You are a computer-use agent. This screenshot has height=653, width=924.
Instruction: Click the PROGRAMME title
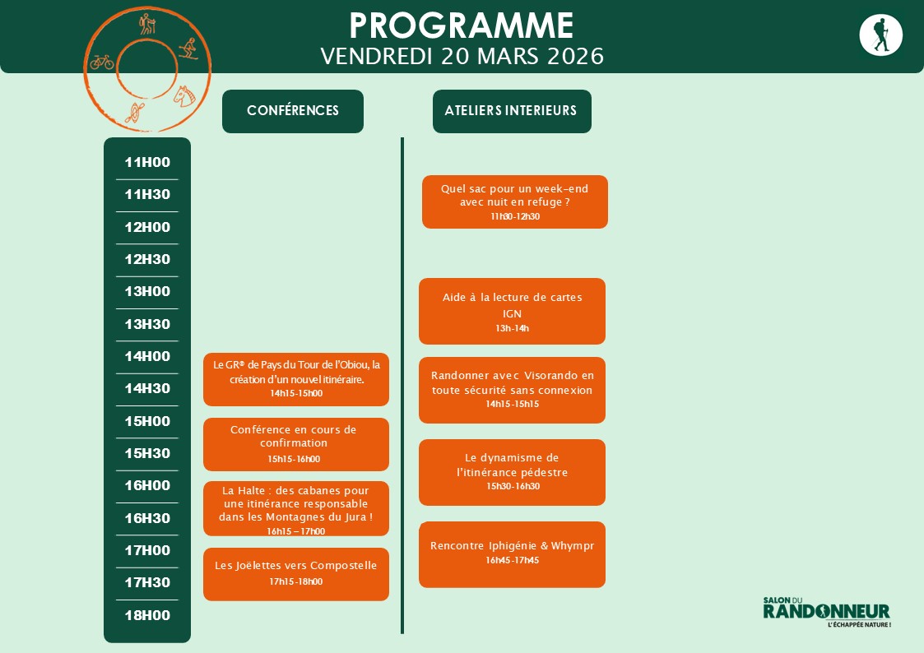[462, 25]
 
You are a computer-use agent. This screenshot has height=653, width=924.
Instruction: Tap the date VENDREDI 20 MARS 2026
[462, 56]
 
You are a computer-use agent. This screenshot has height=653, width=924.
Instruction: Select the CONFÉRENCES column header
[293, 111]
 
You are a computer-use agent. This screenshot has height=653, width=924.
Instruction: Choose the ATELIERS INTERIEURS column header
[511, 111]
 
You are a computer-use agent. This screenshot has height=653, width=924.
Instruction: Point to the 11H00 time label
[147, 162]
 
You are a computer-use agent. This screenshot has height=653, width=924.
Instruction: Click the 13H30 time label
[147, 324]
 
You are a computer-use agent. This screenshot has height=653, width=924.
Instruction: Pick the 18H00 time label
[147, 615]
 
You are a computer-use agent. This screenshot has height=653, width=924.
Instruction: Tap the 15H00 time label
[147, 421]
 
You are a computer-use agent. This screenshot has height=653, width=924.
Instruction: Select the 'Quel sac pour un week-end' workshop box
[514, 201]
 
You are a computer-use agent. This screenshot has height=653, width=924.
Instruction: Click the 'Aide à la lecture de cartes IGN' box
[512, 311]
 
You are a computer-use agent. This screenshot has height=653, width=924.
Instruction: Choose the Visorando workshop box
[512, 390]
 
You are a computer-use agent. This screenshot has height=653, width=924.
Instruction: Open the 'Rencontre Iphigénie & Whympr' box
[512, 553]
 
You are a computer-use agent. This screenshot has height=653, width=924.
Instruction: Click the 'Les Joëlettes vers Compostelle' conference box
[295, 573]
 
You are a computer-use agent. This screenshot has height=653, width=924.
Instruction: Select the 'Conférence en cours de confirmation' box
[295, 444]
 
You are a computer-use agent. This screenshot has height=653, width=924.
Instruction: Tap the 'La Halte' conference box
[295, 508]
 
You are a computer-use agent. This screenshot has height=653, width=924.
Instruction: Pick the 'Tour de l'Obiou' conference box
[295, 379]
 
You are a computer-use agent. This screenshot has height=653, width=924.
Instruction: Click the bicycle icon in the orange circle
[102, 62]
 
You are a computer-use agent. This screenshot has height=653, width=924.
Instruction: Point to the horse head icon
[183, 95]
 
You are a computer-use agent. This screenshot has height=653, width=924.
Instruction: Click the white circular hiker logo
[880, 35]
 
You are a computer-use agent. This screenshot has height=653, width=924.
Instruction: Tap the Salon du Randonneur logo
[826, 612]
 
